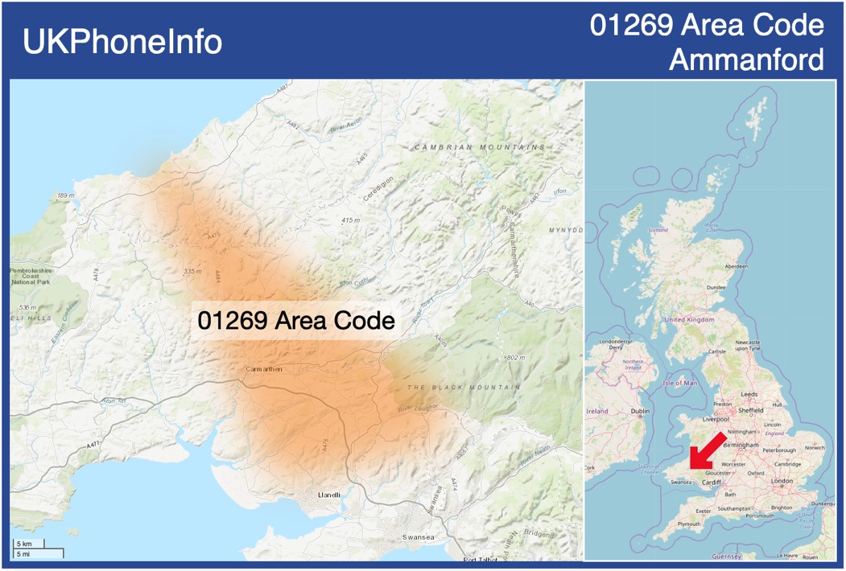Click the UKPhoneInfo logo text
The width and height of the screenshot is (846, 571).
pyautogui.click(x=122, y=42)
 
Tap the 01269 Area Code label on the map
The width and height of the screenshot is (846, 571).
pyautogui.click(x=296, y=320)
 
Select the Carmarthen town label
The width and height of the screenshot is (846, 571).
pyautogui.click(x=264, y=369)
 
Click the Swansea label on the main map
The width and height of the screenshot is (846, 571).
pyautogui.click(x=419, y=537)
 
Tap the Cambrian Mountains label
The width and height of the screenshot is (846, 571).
pyautogui.click(x=480, y=148)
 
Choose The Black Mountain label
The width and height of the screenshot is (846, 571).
pyautogui.click(x=464, y=388)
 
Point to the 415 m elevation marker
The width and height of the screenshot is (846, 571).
pyautogui.click(x=350, y=220)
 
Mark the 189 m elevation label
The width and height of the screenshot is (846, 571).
pyautogui.click(x=66, y=195)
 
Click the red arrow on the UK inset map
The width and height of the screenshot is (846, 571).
pyautogui.click(x=706, y=450)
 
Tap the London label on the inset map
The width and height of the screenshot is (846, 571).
pyautogui.click(x=782, y=481)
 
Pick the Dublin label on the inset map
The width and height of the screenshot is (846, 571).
pyautogui.click(x=641, y=411)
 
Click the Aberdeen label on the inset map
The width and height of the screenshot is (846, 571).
pyautogui.click(x=736, y=266)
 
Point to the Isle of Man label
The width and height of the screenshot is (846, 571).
pyautogui.click(x=680, y=383)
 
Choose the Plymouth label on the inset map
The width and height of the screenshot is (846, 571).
pyautogui.click(x=689, y=524)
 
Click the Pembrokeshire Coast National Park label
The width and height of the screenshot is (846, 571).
pyautogui.click(x=31, y=277)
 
